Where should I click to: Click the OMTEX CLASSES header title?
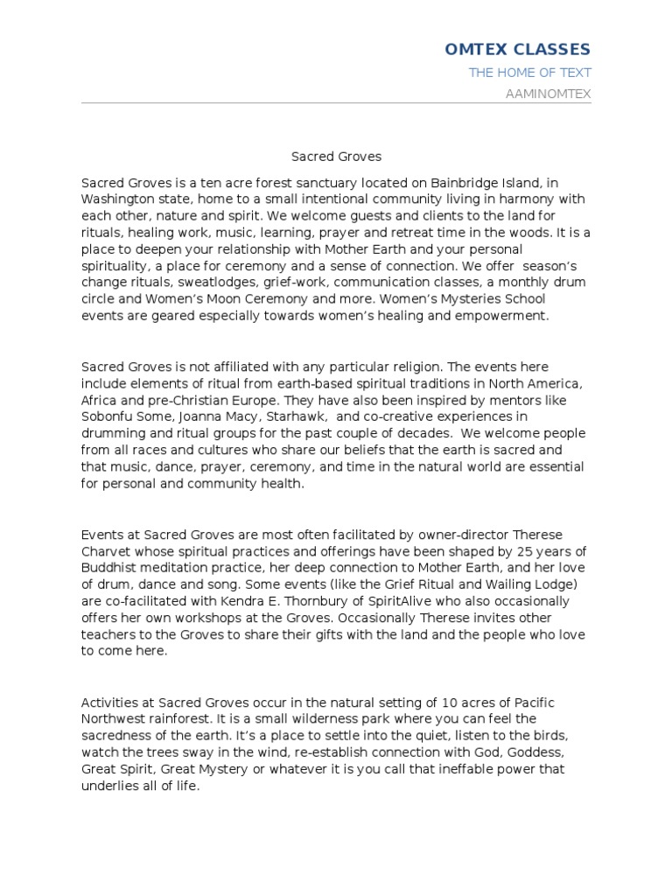pyautogui.click(x=518, y=49)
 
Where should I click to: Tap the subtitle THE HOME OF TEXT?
pyautogui.click(x=529, y=73)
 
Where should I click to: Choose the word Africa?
pyautogui.click(x=99, y=400)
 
